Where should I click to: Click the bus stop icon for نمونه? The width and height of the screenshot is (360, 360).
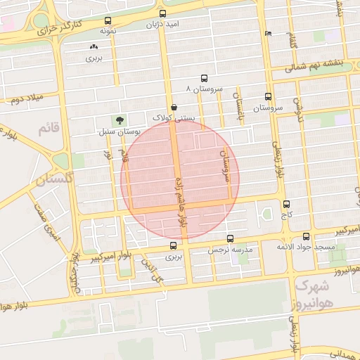pyautogui.click(x=108, y=21)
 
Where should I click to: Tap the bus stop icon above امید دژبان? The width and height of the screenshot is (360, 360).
pyautogui.click(x=163, y=13)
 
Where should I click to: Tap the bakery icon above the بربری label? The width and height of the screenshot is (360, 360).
pyautogui.click(x=94, y=47)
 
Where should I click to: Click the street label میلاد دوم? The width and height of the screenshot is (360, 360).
pyautogui.click(x=27, y=98)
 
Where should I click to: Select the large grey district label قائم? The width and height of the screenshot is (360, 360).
pyautogui.click(x=47, y=128)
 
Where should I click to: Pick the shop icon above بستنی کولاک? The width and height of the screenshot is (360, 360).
pyautogui.click(x=174, y=108)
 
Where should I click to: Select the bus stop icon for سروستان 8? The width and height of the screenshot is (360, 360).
pyautogui.click(x=204, y=79)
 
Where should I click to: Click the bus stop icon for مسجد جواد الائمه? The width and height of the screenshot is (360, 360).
pyautogui.click(x=306, y=237)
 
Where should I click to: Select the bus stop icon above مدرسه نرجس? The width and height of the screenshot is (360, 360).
pyautogui.click(x=230, y=239)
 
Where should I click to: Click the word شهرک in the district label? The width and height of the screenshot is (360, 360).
pyautogui.click(x=312, y=286)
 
